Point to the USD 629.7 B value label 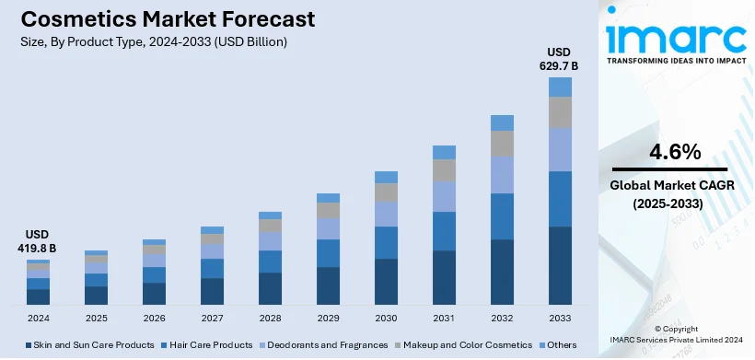coord(561,59)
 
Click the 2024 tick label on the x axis coord(38,318)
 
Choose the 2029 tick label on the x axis coord(328,318)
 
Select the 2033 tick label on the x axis coord(560,318)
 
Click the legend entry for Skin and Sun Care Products coord(91,345)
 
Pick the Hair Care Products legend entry coord(211,345)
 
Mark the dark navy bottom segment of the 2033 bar coord(560,265)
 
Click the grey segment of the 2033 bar coord(560,111)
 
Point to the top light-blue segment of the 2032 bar coord(502,122)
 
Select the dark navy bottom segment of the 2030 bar coord(386,282)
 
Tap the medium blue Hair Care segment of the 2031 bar coord(444,231)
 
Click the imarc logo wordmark coord(676,38)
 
